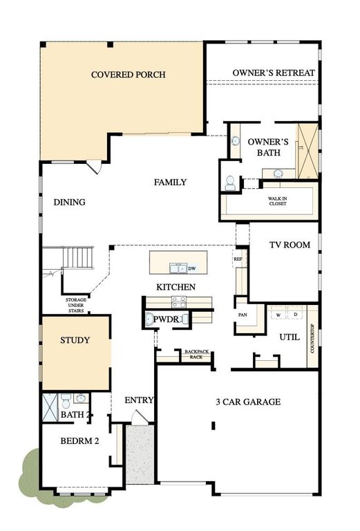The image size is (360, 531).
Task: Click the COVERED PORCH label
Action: [128, 75]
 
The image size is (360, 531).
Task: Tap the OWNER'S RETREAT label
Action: [274, 73]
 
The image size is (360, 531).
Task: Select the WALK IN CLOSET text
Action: [278, 201]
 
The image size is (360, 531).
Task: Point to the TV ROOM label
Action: [290, 245]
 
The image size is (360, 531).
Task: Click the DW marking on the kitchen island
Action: [192, 268]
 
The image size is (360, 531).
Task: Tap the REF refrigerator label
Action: [238, 259]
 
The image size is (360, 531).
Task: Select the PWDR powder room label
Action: [167, 320]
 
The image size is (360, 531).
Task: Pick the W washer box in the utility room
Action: [278, 315]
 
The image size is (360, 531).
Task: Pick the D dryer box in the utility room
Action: [295, 315]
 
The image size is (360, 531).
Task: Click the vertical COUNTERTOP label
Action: [312, 339]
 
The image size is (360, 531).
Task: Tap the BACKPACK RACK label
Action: [195, 355]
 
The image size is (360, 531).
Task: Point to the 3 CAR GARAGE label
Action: [247, 402]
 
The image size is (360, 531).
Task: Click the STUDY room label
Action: [75, 340]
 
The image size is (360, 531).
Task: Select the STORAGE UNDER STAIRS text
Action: [76, 305]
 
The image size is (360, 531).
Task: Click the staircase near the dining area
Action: [77, 259]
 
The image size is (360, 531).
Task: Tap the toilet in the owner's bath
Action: [230, 183]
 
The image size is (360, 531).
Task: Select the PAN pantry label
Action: [243, 315]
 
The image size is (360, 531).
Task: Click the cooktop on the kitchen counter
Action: [178, 301]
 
